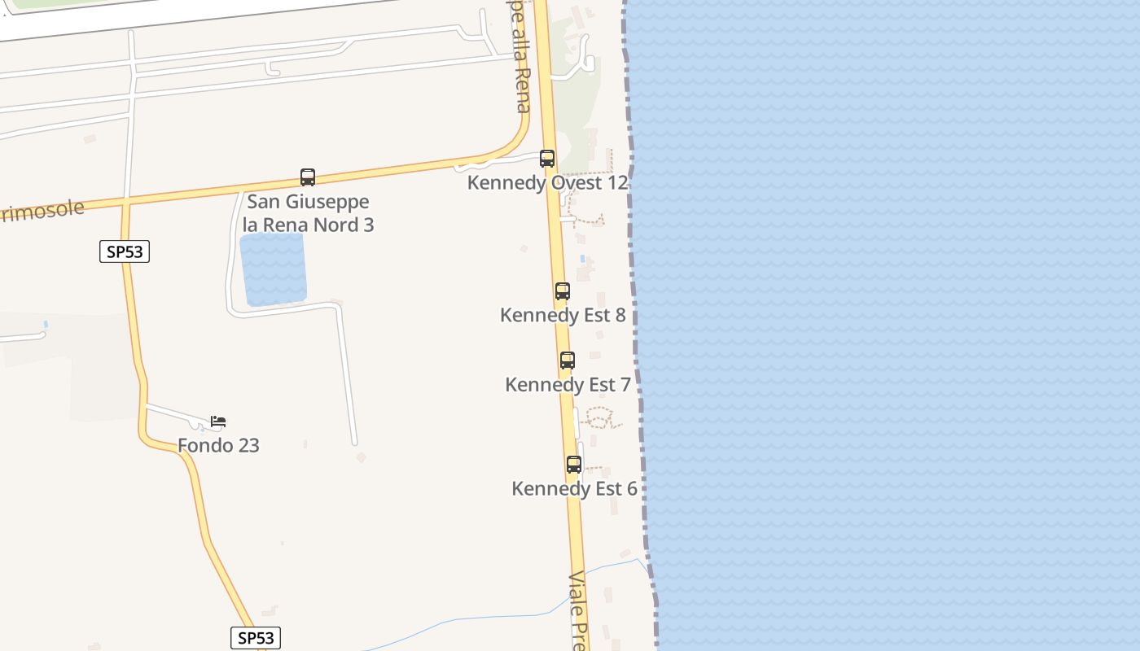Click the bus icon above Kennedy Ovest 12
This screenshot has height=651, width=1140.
[547, 159]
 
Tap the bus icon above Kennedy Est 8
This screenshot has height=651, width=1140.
[562, 291]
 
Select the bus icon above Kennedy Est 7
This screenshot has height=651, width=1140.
[568, 360]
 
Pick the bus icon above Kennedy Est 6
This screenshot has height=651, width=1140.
[574, 465]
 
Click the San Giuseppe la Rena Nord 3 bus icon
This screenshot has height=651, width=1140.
[308, 177]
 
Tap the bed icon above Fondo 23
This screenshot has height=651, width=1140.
[218, 422]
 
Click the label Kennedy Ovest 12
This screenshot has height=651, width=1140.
[547, 183]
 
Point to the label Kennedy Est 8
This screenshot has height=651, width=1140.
[563, 315]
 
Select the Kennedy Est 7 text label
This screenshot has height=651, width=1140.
[568, 384]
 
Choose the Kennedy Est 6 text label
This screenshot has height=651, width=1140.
[574, 488]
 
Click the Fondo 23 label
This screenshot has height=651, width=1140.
[218, 445]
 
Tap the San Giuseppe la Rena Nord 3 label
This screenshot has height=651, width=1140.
[308, 213]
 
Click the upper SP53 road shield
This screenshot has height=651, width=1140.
[125, 251]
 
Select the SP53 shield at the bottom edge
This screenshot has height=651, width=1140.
[256, 638]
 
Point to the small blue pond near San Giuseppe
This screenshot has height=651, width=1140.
[273, 269]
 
